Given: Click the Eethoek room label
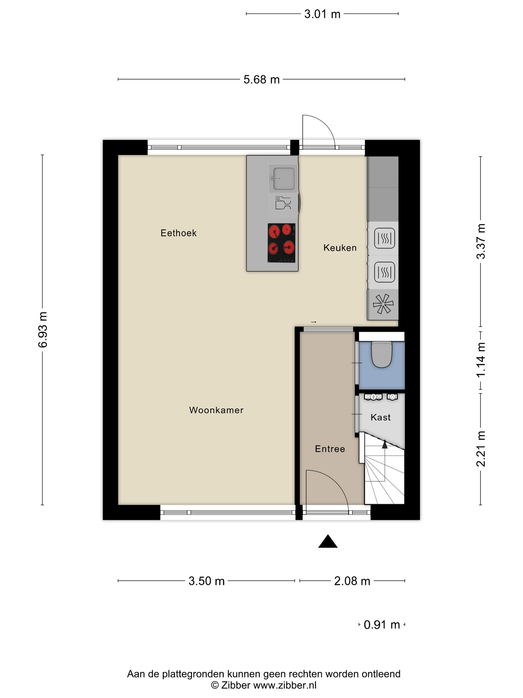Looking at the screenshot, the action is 178,233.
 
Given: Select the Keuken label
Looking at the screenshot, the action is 340,248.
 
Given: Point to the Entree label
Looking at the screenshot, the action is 330,449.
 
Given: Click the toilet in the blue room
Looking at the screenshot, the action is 382,354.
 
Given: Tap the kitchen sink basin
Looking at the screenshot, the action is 284,178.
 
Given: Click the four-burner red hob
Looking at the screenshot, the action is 281,243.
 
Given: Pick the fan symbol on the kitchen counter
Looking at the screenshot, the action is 383,304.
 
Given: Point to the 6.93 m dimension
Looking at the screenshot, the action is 43,330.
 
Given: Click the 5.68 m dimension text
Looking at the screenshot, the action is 261,80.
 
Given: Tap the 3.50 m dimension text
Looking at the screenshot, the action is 206,581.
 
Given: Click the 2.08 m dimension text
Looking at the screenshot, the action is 352,581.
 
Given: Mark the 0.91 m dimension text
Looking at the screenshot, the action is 382,624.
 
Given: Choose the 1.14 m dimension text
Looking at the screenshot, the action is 481,360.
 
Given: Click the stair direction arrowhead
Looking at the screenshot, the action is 385,444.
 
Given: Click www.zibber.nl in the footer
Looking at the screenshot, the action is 285,685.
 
